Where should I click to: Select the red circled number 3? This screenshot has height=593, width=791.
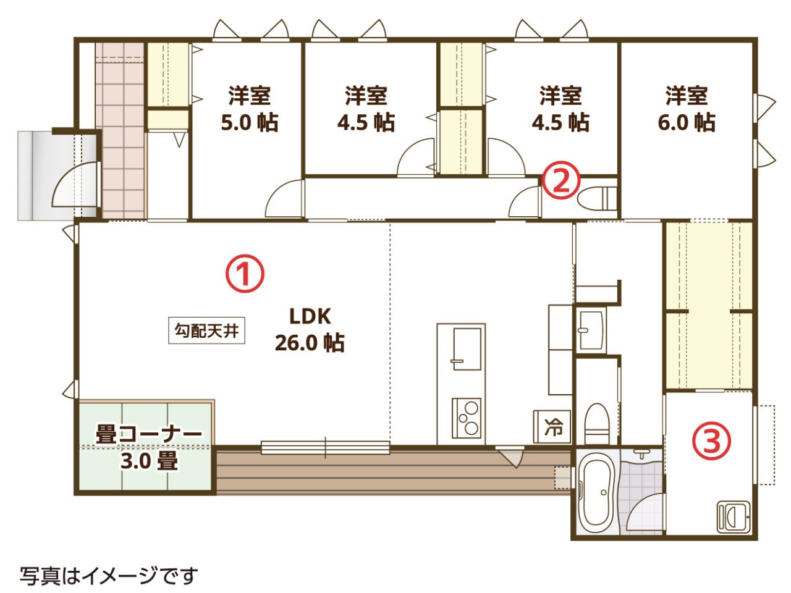(x=711, y=442)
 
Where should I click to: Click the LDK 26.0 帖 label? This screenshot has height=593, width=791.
(x=310, y=329)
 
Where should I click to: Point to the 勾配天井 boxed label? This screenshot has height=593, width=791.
(x=206, y=330)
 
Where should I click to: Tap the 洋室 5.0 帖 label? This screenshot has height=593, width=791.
(x=250, y=109)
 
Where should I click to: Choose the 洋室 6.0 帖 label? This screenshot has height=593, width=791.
(x=687, y=109)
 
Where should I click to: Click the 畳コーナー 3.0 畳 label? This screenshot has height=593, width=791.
(x=148, y=447)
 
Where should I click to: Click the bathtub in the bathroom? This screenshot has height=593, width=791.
(x=598, y=496)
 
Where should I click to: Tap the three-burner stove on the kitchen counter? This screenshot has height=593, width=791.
(x=467, y=418)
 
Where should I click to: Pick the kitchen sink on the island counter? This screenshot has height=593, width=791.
(x=467, y=348)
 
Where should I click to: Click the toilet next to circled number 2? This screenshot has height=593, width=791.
(x=597, y=198)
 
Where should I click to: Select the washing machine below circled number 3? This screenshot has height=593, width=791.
(x=734, y=516)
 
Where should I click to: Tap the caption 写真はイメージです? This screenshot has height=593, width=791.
(x=109, y=576)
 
